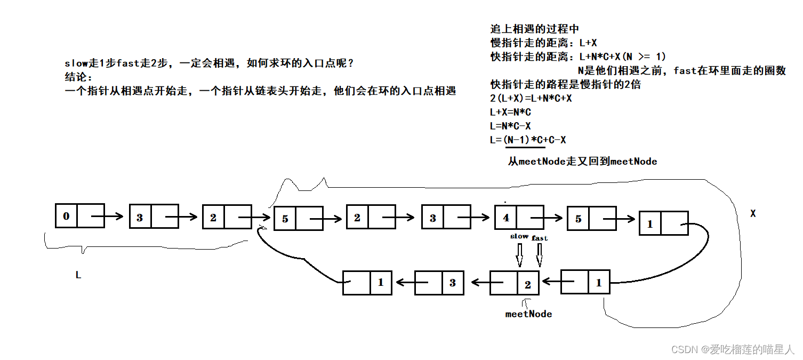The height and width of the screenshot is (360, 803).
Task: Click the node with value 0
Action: pyautogui.click(x=79, y=216)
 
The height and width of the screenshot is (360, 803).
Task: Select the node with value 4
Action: pyautogui.click(x=519, y=218)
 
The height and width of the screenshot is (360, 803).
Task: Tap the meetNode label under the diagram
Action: pyautogui.click(x=528, y=314)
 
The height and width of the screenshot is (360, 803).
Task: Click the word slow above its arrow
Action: pyautogui.click(x=519, y=236)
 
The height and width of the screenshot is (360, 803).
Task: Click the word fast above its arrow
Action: pyautogui.click(x=540, y=238)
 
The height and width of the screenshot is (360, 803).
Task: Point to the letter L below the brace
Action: pyautogui.click(x=78, y=276)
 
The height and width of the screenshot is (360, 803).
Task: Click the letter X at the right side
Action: pyautogui.click(x=753, y=213)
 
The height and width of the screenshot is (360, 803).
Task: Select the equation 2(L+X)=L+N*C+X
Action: pyautogui.click(x=531, y=99)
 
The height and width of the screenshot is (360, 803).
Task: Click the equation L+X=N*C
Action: pyautogui.click(x=510, y=113)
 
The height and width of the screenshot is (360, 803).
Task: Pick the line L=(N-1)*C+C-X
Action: pyautogui.click(x=528, y=140)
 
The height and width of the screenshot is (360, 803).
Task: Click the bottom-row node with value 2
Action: pyautogui.click(x=514, y=283)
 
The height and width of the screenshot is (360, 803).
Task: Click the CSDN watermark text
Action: pyautogui.click(x=733, y=349)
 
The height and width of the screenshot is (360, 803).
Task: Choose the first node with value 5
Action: pyautogui.click(x=298, y=218)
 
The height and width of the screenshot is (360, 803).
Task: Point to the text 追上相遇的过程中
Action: pyautogui.click(x=534, y=29)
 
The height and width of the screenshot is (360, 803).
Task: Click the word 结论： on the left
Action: pyautogui.click(x=78, y=77)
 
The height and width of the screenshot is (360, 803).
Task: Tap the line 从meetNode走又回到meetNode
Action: pyautogui.click(x=582, y=161)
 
